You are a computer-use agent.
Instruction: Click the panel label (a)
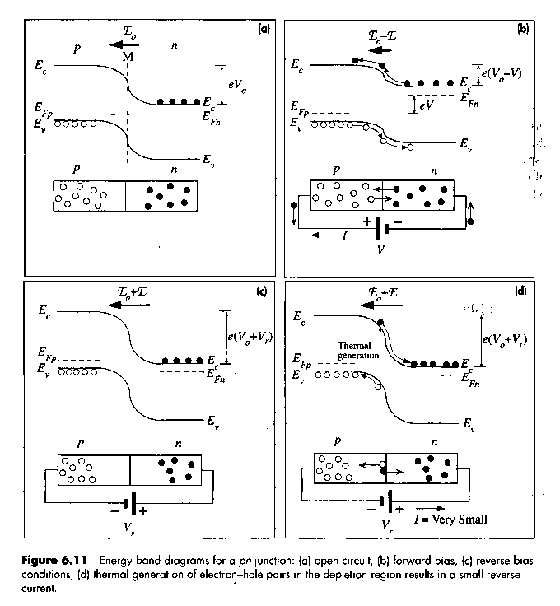(x=264, y=28)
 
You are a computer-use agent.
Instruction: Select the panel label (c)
(x=261, y=291)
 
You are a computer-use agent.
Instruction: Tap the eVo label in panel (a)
(x=236, y=85)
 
